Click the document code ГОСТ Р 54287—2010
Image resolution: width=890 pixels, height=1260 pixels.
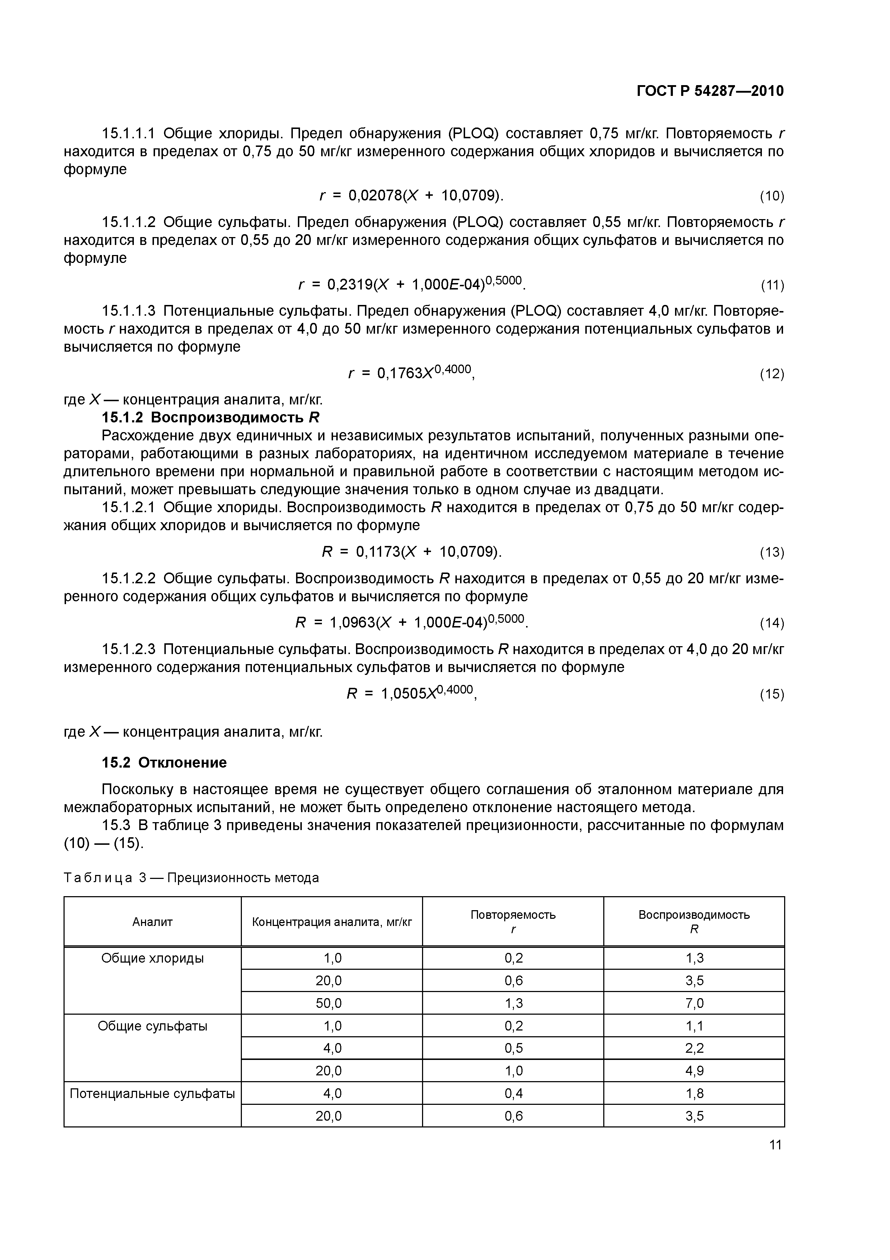710,91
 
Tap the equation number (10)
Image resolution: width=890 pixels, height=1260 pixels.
772,196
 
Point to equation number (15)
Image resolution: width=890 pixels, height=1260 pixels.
772,694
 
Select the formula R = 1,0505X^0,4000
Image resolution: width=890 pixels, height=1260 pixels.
411,693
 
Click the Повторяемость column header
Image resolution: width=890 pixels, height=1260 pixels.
513,915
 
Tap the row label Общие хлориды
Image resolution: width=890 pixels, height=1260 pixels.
153,958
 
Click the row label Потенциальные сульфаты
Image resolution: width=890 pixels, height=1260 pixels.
153,1094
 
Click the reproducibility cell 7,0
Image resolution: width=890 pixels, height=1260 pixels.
694,1003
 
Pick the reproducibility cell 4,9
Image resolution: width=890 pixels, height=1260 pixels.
694,1071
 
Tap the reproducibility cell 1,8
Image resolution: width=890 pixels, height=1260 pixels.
694,1094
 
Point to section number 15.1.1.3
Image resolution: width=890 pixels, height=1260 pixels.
129,311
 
